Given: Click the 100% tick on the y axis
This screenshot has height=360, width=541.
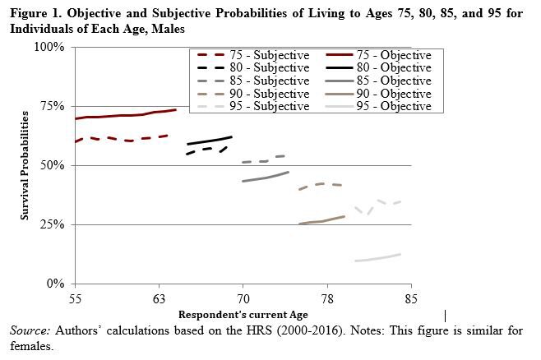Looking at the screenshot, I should coord(50,48).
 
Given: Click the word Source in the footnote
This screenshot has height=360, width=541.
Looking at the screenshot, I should coord(28,330).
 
